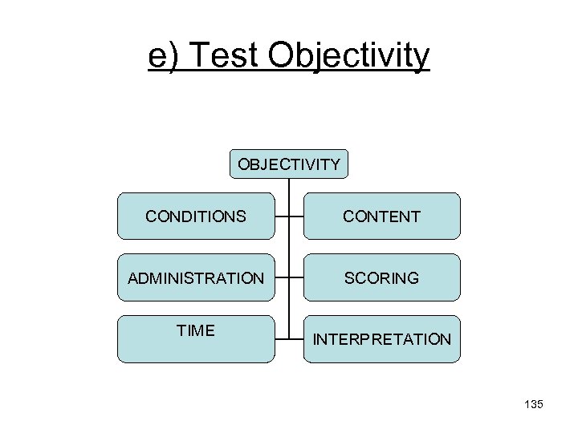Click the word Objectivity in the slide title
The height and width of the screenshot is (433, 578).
[x=349, y=56]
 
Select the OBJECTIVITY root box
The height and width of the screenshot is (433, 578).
[x=289, y=164]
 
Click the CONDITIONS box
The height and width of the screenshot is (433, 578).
[x=196, y=216]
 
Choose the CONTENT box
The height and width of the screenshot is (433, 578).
[x=382, y=216]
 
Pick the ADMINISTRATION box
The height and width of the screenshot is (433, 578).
[x=196, y=278]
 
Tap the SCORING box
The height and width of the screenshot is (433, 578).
[x=382, y=278]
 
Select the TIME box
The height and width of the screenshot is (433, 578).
[x=196, y=339]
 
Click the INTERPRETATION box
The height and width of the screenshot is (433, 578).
[x=382, y=339]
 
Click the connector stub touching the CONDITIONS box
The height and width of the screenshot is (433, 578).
[x=282, y=216]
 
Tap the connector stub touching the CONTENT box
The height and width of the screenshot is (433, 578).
[x=296, y=216]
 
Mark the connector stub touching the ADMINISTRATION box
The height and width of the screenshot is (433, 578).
[x=282, y=278]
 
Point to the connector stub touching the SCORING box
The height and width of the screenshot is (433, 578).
[x=296, y=278]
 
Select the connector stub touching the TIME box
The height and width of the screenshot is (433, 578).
[x=282, y=339]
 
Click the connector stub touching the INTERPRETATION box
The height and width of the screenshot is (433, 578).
[x=296, y=339]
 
